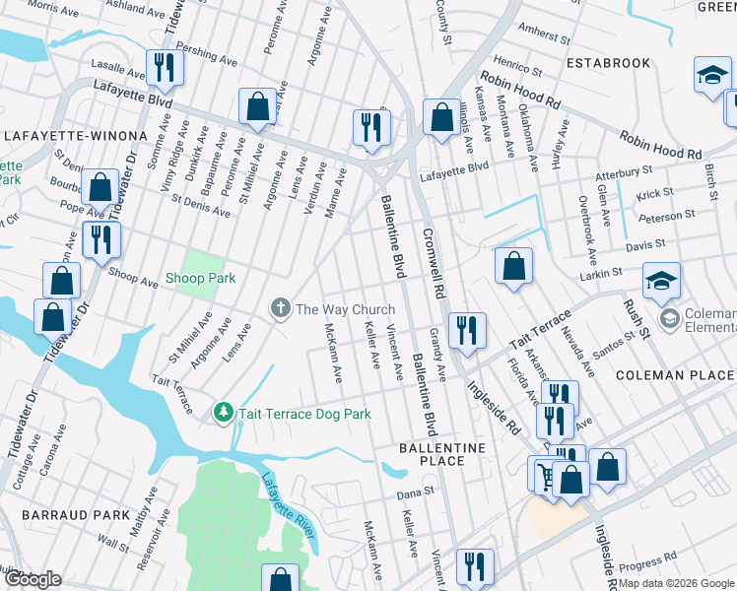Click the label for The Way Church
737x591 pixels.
pyautogui.click(x=345, y=309)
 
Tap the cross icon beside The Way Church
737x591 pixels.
pyautogui.click(x=280, y=309)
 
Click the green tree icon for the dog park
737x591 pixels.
pyautogui.click(x=224, y=414)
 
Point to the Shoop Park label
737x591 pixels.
pyautogui.click(x=200, y=279)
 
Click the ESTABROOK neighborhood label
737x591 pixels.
pyautogui.click(x=609, y=63)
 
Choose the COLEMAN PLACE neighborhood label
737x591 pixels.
pyautogui.click(x=675, y=375)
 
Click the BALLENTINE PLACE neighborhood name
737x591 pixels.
pyautogui.click(x=443, y=454)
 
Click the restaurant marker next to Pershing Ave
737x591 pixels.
pyautogui.click(x=165, y=67)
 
